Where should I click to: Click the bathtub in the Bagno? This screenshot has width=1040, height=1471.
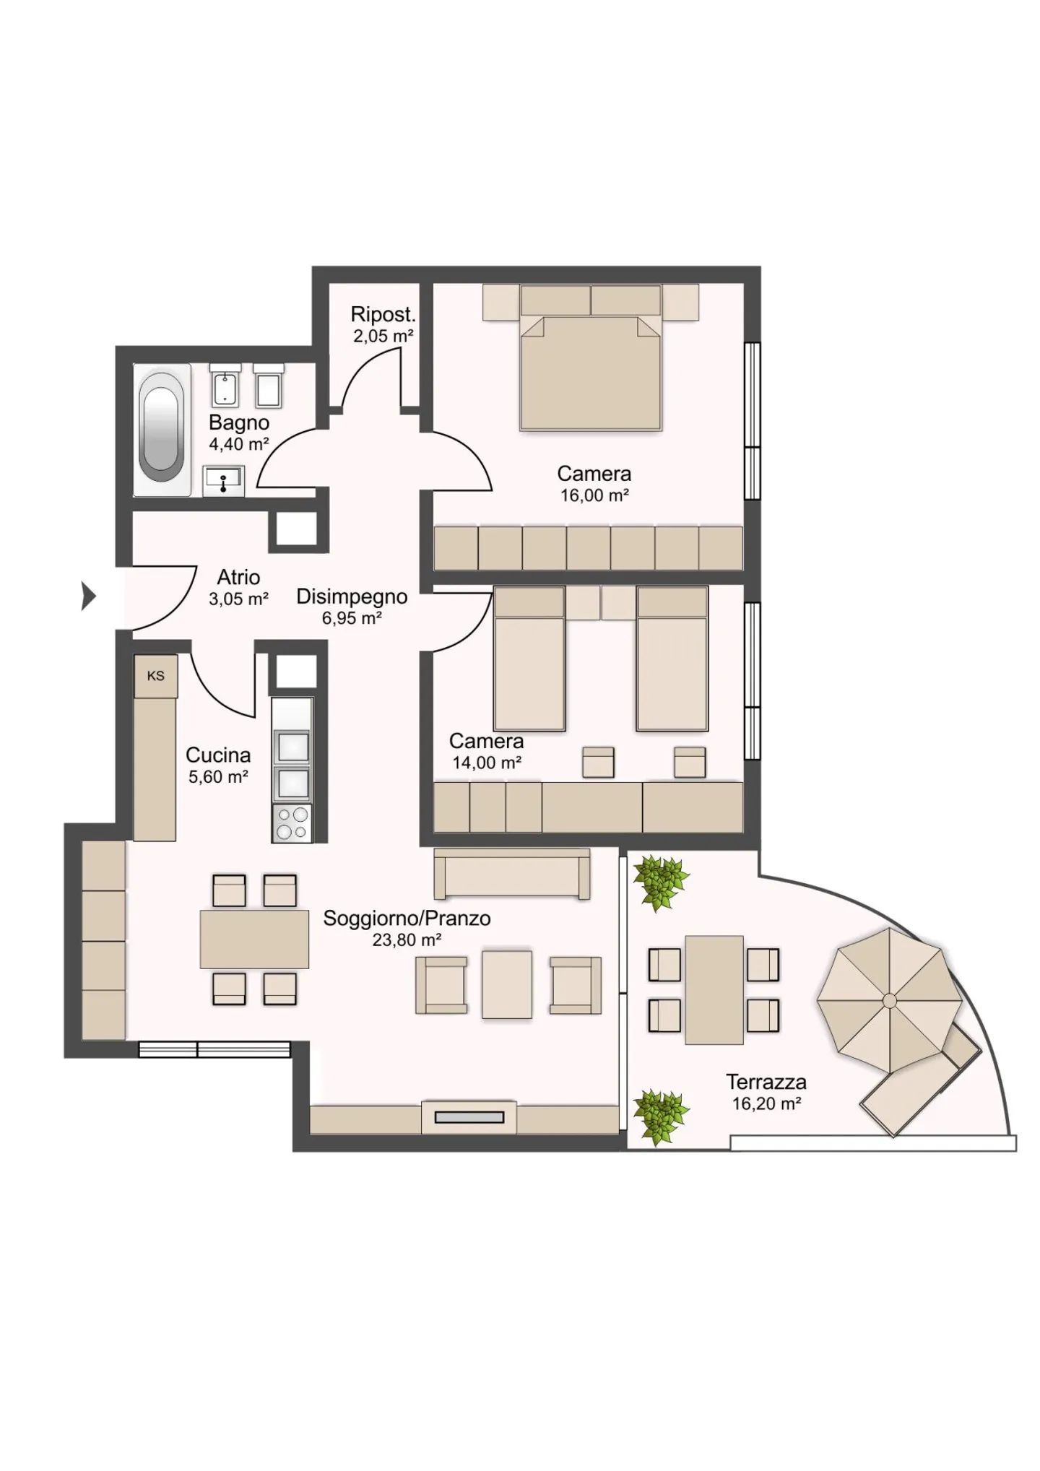tap(161, 429)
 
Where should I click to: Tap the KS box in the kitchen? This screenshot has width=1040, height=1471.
tap(156, 676)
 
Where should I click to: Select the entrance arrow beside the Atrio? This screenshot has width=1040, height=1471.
tap(88, 596)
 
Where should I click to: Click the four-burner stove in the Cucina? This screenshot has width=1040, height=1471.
tap(292, 823)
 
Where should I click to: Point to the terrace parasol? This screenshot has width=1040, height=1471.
tap(889, 1000)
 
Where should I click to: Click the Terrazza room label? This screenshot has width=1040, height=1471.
tap(766, 1082)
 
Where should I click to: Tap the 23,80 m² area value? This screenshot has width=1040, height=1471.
tap(407, 940)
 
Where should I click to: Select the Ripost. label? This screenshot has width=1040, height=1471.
tap(383, 314)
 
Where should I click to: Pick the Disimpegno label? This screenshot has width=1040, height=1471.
tap(352, 596)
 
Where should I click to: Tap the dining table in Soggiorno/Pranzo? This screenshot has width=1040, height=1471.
tap(254, 939)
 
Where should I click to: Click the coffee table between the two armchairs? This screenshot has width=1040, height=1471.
tap(507, 984)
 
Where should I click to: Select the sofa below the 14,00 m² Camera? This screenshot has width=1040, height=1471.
tap(512, 874)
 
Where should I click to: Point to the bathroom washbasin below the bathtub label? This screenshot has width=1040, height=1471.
tap(224, 481)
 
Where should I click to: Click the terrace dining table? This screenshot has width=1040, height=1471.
tap(714, 989)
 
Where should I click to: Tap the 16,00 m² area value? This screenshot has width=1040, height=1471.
tap(594, 495)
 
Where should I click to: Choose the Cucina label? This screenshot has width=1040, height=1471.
tap(218, 755)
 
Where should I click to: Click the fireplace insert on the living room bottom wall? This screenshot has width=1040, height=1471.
tap(469, 1117)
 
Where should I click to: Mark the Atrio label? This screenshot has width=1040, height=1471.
tap(238, 577)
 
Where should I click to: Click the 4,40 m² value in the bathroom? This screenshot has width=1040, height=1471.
tap(239, 444)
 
